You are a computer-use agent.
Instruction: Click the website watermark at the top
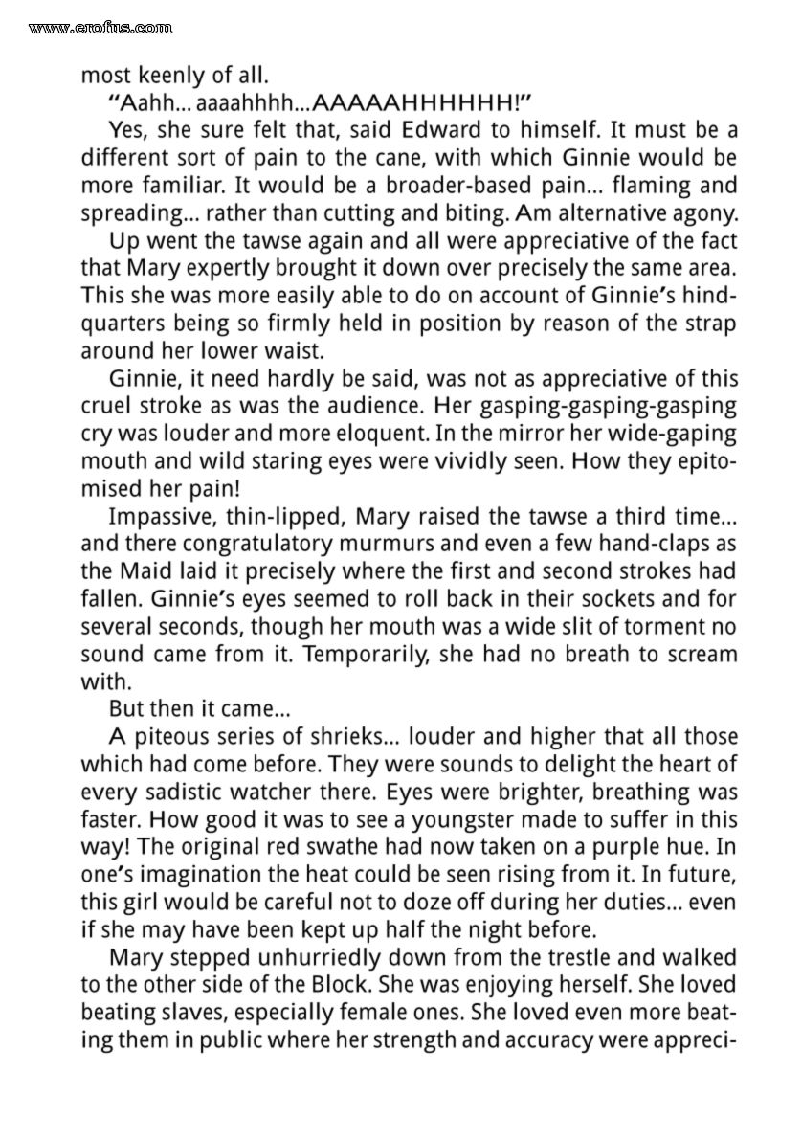100,28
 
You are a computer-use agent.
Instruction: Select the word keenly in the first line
170,73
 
